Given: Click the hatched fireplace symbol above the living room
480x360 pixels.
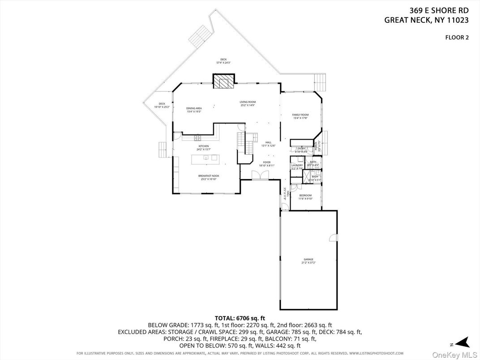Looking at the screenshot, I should click(x=223, y=81).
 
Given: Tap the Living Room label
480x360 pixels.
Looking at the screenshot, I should click(x=247, y=103).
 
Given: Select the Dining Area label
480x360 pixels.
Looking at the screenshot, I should click(x=194, y=110).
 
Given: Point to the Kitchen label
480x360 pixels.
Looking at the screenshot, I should click(x=204, y=148).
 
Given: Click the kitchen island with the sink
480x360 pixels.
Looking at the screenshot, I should click(x=205, y=158).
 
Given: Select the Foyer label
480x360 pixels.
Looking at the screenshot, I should click(x=266, y=164).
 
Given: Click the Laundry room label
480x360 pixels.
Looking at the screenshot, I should click(x=297, y=167).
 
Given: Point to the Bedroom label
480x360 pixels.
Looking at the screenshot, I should click(x=306, y=197).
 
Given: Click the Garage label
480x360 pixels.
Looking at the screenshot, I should click(x=309, y=261).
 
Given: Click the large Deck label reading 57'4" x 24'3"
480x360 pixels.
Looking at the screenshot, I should click(x=223, y=61).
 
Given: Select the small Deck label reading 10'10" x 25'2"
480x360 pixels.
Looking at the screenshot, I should click(x=162, y=105).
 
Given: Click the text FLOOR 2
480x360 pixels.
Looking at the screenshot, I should click(x=456, y=38).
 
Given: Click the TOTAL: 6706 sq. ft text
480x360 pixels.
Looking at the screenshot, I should click(x=240, y=318).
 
